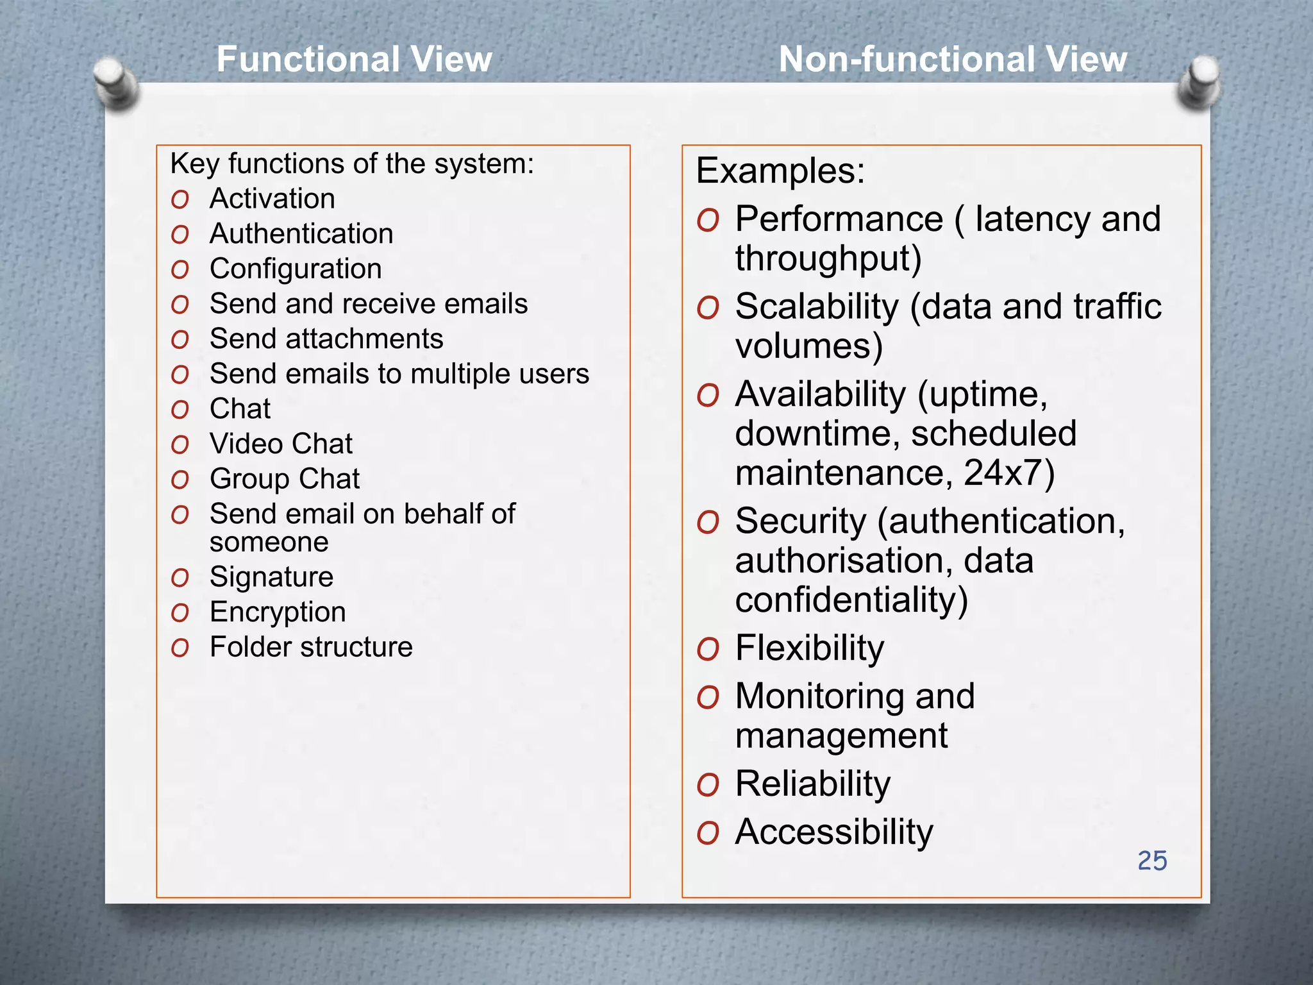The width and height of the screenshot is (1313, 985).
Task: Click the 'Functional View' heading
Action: click(354, 60)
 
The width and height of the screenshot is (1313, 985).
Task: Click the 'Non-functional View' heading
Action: click(952, 60)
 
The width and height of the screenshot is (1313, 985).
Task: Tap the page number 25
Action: click(1151, 861)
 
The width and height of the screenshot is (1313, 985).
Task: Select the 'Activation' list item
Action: click(272, 199)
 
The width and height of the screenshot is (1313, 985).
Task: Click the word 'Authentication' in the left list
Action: click(301, 233)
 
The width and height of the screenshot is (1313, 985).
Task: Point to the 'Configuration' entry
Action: click(296, 269)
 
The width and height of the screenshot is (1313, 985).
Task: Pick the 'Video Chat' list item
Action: click(281, 444)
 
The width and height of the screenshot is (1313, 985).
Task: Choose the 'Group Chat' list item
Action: click(285, 479)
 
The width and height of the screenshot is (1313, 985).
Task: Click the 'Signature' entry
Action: click(271, 577)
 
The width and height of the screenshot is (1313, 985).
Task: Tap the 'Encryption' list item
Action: click(278, 612)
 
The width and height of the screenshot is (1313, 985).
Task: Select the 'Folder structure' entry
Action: click(311, 647)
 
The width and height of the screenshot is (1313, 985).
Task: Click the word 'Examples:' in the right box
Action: click(780, 171)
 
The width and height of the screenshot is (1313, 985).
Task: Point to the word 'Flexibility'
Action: click(809, 648)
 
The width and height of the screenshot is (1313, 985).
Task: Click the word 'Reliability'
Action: click(812, 784)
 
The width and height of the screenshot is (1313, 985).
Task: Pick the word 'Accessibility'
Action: click(833, 832)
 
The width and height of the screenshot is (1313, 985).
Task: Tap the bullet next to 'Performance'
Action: click(708, 221)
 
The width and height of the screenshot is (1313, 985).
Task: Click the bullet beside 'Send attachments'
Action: click(180, 340)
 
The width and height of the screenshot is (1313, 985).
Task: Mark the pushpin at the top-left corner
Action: click(115, 82)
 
